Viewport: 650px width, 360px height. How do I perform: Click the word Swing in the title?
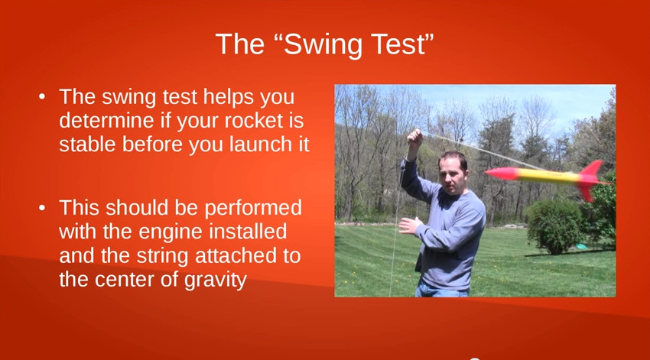(x=321, y=44)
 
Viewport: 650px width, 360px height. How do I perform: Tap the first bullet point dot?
(x=43, y=98)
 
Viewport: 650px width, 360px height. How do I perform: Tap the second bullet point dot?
(x=43, y=208)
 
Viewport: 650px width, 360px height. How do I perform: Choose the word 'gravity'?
(x=214, y=279)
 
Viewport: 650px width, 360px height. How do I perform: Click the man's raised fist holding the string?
(x=414, y=138)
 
